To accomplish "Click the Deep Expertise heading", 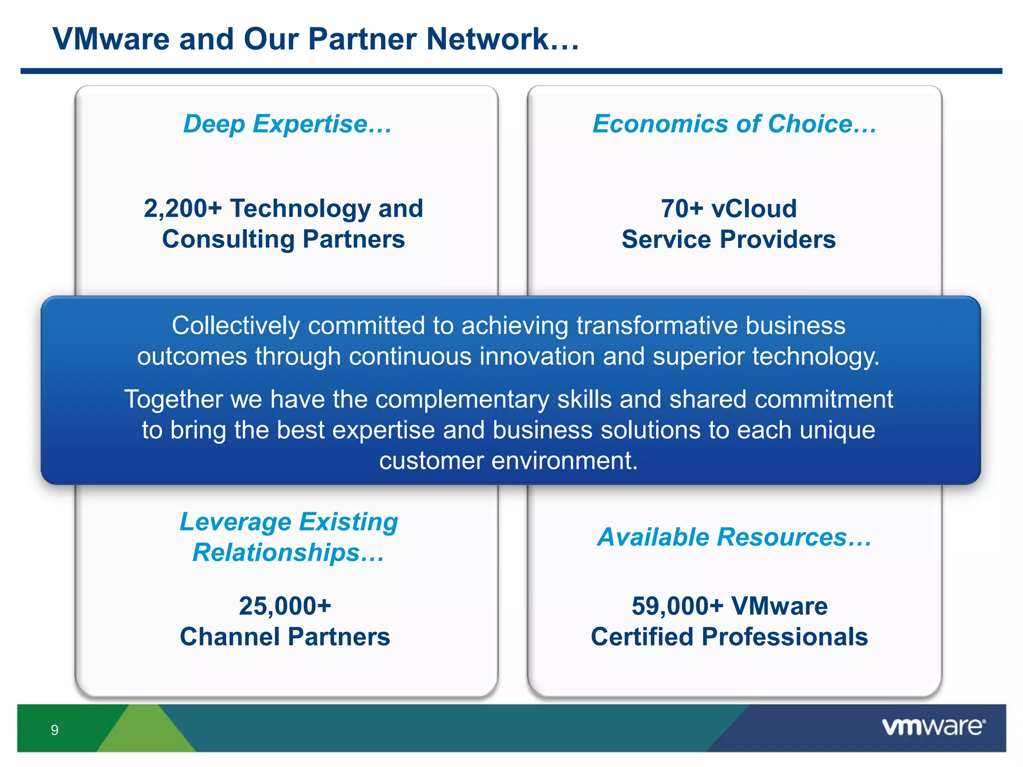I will click(x=287, y=124).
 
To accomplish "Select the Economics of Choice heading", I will click(x=734, y=124).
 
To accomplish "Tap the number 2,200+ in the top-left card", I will click(x=182, y=209).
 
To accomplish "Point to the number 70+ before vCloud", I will click(x=682, y=209).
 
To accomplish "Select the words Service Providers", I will click(x=728, y=240).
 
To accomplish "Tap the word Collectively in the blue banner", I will click(x=235, y=326).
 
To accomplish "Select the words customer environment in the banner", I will click(x=509, y=460).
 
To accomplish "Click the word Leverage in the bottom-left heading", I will click(x=235, y=522).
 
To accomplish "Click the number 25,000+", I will click(x=285, y=606).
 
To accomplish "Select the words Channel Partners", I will click(x=285, y=637).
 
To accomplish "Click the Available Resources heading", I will click(x=734, y=537).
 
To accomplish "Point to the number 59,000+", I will click(x=677, y=606).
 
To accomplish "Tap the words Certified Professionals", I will click(x=729, y=637).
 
